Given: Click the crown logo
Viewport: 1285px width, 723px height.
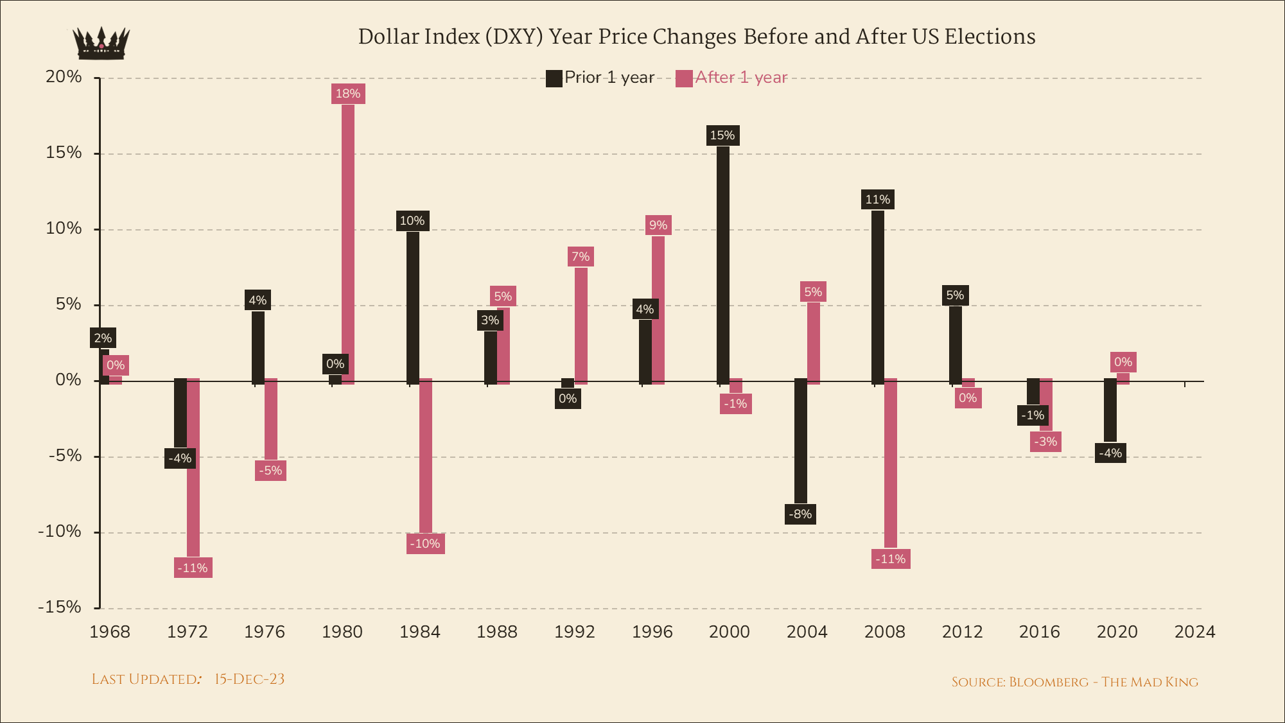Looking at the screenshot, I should click(101, 44).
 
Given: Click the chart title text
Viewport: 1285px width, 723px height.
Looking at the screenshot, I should click(696, 37).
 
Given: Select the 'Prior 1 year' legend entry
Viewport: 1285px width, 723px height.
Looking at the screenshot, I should click(600, 78).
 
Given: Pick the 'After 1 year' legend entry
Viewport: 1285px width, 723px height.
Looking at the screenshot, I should click(731, 78).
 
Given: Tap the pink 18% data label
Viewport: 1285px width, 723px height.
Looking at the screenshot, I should click(348, 94).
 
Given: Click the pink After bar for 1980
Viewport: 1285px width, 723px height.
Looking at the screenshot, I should click(348, 244).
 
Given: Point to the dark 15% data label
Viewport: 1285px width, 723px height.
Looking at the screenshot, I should click(722, 135).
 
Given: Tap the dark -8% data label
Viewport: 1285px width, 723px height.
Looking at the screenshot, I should click(800, 514).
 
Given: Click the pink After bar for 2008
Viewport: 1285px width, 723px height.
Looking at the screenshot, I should click(891, 463).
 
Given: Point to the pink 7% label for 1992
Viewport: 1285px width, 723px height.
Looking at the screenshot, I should click(581, 257).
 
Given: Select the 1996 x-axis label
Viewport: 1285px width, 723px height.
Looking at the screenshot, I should click(652, 632).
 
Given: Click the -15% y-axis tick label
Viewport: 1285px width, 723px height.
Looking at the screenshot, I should click(59, 607).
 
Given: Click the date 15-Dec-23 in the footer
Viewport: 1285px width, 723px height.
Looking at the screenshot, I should click(249, 679).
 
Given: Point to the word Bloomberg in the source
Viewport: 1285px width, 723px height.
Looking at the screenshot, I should click(1048, 682).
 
